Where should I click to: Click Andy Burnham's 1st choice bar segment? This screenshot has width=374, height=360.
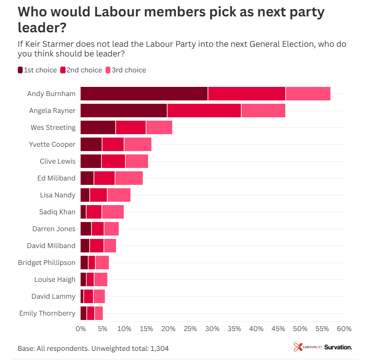tap(144, 94)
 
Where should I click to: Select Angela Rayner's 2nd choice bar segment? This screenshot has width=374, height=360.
tap(204, 111)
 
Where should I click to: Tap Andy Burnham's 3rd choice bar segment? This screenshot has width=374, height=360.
tap(308, 94)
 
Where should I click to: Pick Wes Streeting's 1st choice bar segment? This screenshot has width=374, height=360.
tap(98, 127)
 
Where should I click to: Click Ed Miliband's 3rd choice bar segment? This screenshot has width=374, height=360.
tap(129, 178)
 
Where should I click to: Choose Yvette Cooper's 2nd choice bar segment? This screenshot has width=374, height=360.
tap(113, 144)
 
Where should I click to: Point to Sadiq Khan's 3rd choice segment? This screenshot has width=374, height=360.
tap(113, 212)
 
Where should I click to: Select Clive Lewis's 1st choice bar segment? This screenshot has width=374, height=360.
tap(91, 161)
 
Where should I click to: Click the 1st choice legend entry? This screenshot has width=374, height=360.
tap(37, 70)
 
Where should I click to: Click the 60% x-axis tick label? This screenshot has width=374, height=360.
tap(344, 329)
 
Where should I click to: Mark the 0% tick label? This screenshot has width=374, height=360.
tap(80, 329)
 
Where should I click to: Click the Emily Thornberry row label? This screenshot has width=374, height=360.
tap(47, 313)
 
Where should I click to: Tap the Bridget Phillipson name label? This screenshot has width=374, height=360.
tap(47, 263)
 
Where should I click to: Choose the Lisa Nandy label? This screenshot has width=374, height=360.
tap(58, 195)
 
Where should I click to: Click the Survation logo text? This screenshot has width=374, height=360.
tap(338, 347)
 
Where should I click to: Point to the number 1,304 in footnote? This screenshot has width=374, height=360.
tap(159, 348)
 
